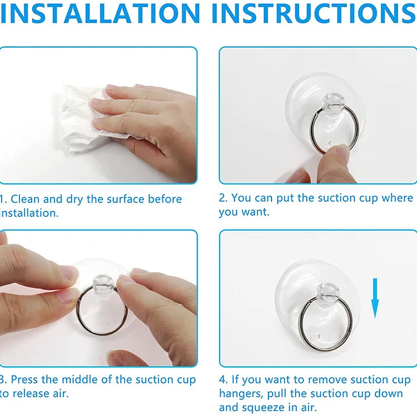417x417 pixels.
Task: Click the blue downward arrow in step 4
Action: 375,298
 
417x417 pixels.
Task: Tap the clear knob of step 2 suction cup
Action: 333,102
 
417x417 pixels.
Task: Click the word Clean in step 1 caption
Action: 25,199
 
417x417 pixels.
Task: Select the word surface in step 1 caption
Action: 125,199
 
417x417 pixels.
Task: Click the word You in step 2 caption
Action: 241,198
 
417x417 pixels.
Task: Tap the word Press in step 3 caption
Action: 24,380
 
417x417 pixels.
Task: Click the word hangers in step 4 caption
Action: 241,394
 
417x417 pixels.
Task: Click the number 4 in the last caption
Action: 222,380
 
